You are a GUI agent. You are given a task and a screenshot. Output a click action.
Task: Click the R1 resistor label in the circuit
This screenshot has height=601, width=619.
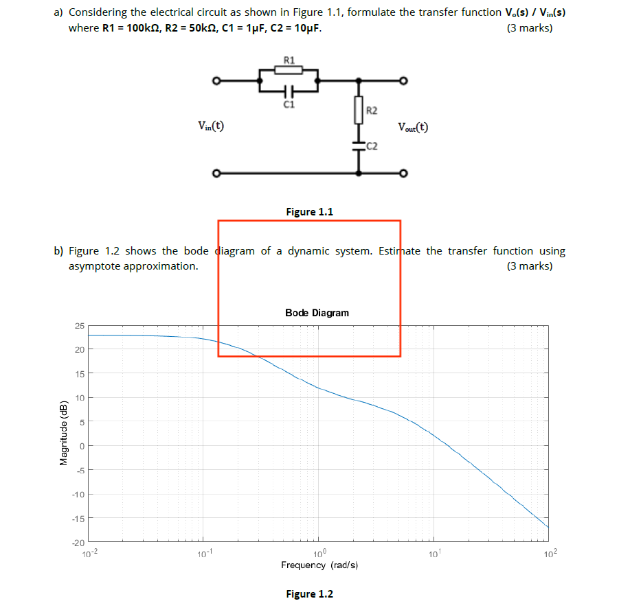point(289,60)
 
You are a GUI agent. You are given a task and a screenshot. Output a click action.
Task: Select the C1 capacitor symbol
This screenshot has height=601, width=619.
point(289,91)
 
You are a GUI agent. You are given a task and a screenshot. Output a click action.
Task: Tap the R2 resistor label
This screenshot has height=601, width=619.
point(372,110)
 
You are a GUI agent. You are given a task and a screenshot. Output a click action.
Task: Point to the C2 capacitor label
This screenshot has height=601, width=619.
point(372,145)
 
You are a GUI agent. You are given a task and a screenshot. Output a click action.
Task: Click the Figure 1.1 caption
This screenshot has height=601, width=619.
point(309,211)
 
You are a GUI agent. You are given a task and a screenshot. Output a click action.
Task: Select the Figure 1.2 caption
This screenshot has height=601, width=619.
point(309,593)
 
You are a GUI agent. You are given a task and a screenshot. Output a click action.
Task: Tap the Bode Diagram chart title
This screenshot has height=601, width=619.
point(317,313)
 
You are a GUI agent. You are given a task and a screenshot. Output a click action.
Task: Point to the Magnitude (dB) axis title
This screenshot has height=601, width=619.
point(64,432)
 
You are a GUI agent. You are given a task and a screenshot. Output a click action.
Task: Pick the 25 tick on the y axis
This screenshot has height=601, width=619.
point(79,325)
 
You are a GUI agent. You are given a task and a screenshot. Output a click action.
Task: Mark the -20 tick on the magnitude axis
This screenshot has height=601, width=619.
point(78,543)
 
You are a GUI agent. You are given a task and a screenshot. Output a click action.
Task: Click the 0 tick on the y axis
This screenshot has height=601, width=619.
point(81,446)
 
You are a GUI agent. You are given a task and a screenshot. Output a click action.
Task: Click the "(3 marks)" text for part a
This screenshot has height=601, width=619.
point(529,28)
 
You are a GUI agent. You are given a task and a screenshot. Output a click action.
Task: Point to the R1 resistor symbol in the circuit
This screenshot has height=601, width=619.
point(289,69)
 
